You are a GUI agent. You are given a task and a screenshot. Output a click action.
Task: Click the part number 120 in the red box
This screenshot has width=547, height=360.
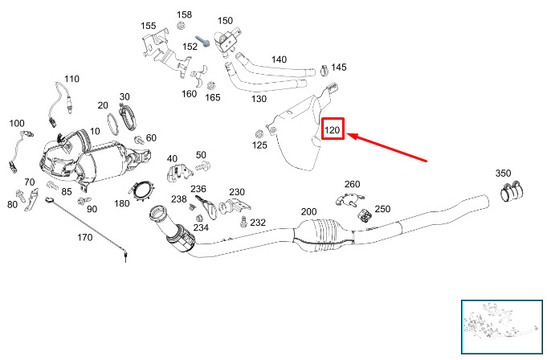click(x=333, y=129)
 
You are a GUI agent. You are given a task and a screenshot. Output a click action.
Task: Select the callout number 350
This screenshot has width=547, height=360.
click(x=503, y=174)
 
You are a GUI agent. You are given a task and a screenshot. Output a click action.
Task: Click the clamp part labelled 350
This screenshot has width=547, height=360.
click(x=512, y=192)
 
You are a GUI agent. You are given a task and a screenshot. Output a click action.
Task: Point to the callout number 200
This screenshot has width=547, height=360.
click(x=308, y=211)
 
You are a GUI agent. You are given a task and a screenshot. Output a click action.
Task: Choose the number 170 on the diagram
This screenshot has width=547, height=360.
click(x=85, y=238)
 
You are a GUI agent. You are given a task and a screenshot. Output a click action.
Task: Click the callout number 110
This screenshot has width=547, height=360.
click(x=72, y=79)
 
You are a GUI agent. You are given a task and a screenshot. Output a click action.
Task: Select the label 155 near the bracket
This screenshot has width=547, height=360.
click(x=149, y=26)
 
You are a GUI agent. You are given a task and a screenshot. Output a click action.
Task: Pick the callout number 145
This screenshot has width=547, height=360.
click(x=339, y=67)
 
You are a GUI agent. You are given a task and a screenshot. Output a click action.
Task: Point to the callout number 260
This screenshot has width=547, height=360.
click(x=353, y=184)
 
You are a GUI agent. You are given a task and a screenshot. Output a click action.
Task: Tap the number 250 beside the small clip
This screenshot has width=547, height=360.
click(x=382, y=210)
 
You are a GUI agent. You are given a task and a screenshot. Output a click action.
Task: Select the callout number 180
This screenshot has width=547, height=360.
click(x=122, y=204)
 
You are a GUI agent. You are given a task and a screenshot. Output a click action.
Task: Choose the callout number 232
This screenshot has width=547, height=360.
click(x=258, y=223)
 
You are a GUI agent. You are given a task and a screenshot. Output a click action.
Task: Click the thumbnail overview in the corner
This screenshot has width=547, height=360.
click(x=503, y=326)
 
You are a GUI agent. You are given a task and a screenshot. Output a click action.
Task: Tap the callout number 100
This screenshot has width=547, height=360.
click(x=17, y=123)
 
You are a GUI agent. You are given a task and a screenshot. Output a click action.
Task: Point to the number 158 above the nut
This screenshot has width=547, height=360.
click(x=185, y=15)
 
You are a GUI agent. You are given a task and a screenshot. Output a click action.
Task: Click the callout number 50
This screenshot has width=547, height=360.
click(x=201, y=154)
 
